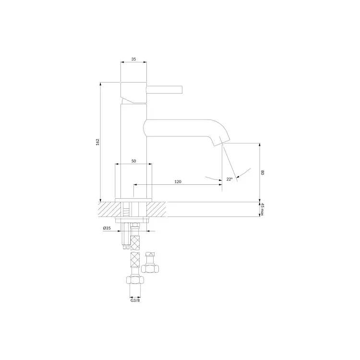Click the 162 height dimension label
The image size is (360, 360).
98,142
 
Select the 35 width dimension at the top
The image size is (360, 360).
133,59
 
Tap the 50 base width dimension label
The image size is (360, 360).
133,161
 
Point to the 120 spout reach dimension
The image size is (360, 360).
178,181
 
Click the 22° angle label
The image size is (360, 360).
229,180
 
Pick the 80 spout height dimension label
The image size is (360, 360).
263,172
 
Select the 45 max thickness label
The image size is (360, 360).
263,209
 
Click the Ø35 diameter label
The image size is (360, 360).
107,228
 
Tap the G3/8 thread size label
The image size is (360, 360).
135,300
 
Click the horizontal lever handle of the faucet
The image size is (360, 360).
164,90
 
